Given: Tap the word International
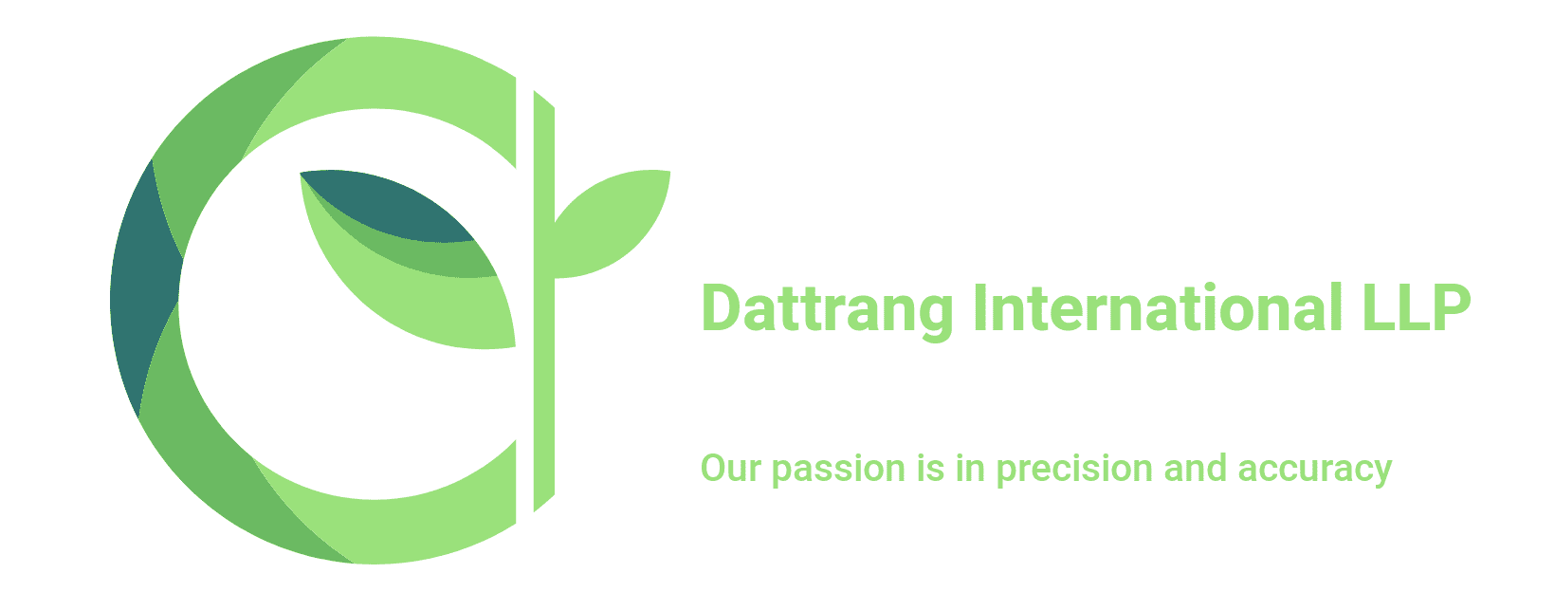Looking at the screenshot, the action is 1157,307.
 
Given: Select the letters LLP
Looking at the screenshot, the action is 1416,307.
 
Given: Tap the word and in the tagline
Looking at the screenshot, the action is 1196,468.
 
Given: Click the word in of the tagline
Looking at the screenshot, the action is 971,468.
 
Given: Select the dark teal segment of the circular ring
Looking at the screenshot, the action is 146,289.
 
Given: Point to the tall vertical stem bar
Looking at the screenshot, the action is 543,301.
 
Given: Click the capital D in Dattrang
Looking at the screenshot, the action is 723,307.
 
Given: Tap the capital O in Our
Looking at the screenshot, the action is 715,468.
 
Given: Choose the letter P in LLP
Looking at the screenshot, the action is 1452,307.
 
